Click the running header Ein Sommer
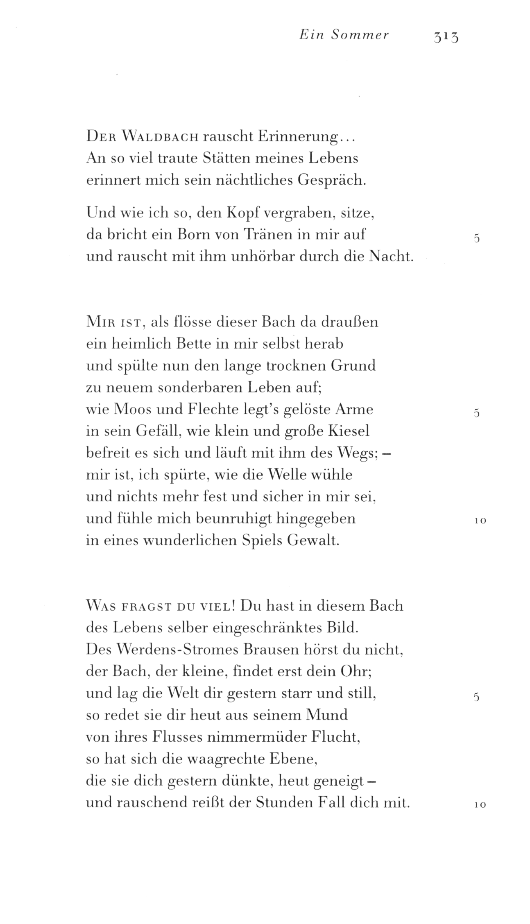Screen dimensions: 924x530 [x=344, y=36]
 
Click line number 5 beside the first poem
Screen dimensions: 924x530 [x=476, y=238]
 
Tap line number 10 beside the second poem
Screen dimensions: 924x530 [x=480, y=521]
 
